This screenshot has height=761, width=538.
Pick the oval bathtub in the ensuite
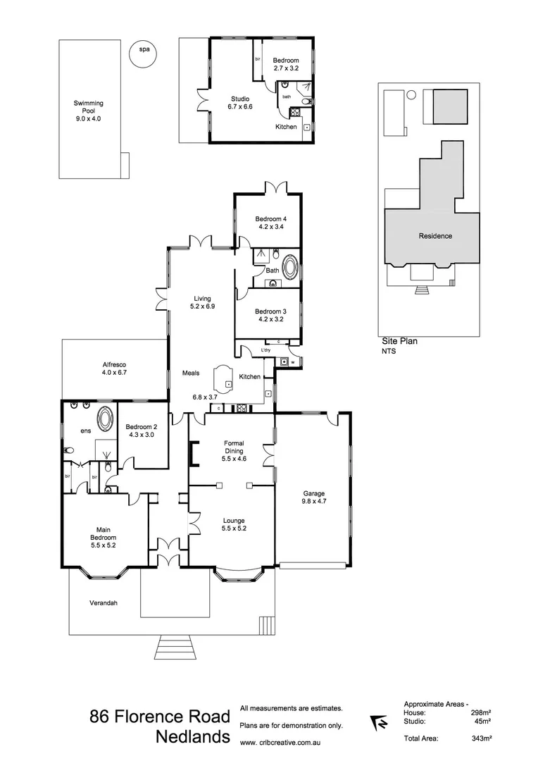pyautogui.click(x=106, y=420)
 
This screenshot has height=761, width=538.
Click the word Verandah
pyautogui.click(x=104, y=603)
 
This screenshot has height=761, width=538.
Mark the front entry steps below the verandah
pyautogui.click(x=174, y=647)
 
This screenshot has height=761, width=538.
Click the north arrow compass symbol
pyautogui.click(x=378, y=723)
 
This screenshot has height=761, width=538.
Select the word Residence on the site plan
pyautogui.click(x=435, y=236)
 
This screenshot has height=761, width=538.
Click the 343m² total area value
pyautogui.click(x=481, y=738)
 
